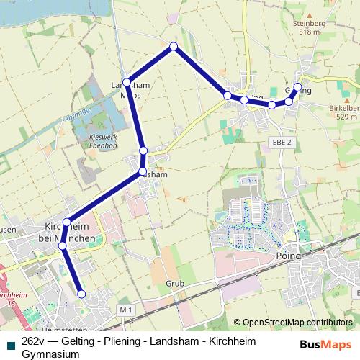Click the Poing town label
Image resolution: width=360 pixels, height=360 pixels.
289,256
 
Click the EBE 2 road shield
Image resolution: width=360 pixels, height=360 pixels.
282,143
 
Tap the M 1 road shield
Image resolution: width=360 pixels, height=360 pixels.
126,310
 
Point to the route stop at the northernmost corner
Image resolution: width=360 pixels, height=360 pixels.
174,47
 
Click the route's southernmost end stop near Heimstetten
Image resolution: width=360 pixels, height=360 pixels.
81,294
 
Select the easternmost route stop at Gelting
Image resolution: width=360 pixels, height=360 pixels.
297,87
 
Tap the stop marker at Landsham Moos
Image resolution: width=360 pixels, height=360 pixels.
127,82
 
